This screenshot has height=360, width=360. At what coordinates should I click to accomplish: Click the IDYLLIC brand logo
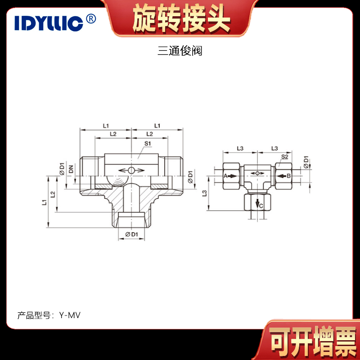tap(49, 22)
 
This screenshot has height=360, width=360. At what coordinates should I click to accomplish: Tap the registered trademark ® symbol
tap(90, 19)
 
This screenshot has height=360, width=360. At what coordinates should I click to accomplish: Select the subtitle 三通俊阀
tap(180, 51)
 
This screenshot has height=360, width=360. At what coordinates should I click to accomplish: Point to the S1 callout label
tap(147, 144)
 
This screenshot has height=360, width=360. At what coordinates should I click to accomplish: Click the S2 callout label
tap(284, 157)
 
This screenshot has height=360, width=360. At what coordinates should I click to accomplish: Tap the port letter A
tap(225, 176)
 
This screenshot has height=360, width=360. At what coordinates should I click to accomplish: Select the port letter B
tap(289, 176)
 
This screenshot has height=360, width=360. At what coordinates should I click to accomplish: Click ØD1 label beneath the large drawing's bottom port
tap(131, 234)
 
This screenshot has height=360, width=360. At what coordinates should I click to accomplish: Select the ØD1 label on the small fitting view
tap(307, 162)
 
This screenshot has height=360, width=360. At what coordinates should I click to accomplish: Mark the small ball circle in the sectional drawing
tap(131, 170)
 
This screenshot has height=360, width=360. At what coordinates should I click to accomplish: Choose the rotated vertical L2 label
tap(53, 194)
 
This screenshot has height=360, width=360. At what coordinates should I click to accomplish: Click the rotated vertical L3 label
tap(205, 193)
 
